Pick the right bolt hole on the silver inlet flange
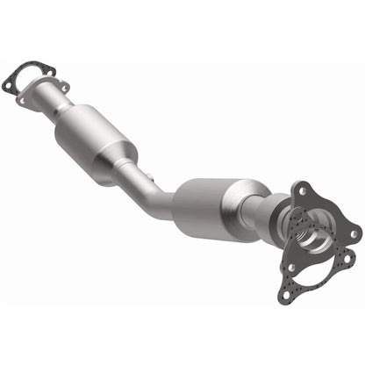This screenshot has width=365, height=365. point(64,86)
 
